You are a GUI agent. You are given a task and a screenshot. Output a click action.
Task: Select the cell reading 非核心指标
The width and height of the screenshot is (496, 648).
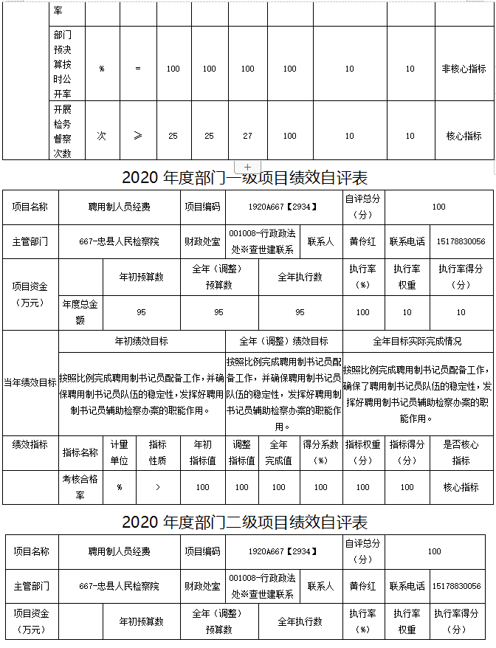tap(464, 69)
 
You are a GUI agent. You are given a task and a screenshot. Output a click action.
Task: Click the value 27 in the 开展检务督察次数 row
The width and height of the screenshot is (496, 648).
tap(247, 136)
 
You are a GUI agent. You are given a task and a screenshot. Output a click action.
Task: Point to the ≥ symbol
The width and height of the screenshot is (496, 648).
tap(138, 136)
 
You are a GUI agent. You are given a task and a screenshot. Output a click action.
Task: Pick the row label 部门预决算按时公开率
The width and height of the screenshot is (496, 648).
tap(63, 64)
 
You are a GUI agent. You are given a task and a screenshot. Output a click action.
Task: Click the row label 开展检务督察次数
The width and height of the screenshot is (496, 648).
tap(63, 131)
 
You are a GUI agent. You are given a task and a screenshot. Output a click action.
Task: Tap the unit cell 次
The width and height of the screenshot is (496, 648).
tap(102, 136)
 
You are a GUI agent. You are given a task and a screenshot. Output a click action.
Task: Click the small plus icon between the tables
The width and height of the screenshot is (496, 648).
tap(247, 167)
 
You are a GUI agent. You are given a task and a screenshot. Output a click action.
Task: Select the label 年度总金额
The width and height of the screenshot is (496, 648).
tap(80, 311)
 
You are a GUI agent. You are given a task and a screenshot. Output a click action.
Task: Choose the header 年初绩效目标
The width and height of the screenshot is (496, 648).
tap(141, 341)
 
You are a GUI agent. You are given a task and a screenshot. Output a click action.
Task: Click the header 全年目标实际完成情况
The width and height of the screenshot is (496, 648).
tap(417, 341)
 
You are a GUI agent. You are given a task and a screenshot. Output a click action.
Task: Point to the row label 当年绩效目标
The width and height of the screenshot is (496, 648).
tap(30, 382)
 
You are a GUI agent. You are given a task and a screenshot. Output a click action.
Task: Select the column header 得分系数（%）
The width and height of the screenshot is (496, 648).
tap(320, 452)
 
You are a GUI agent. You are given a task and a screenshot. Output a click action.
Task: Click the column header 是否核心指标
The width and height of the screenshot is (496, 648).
tap(461, 452)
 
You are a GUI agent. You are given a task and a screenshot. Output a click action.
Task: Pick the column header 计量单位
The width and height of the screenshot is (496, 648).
tap(120, 452)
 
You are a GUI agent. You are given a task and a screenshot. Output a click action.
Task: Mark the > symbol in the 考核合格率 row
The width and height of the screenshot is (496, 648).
tap(158, 487)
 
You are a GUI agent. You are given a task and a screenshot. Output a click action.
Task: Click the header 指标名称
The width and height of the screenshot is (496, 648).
tap(80, 452)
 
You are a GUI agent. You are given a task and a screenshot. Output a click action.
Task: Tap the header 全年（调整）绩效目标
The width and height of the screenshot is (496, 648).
tap(284, 341)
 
